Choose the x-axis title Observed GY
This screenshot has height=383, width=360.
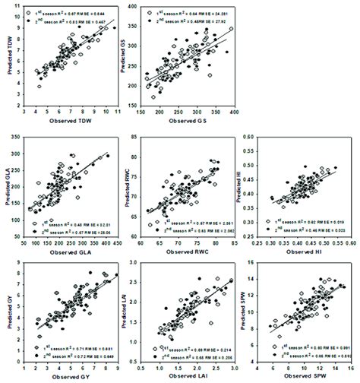click(72, 377)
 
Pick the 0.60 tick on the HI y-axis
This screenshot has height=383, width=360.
click(256, 135)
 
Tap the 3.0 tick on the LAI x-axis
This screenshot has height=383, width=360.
click(232, 367)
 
